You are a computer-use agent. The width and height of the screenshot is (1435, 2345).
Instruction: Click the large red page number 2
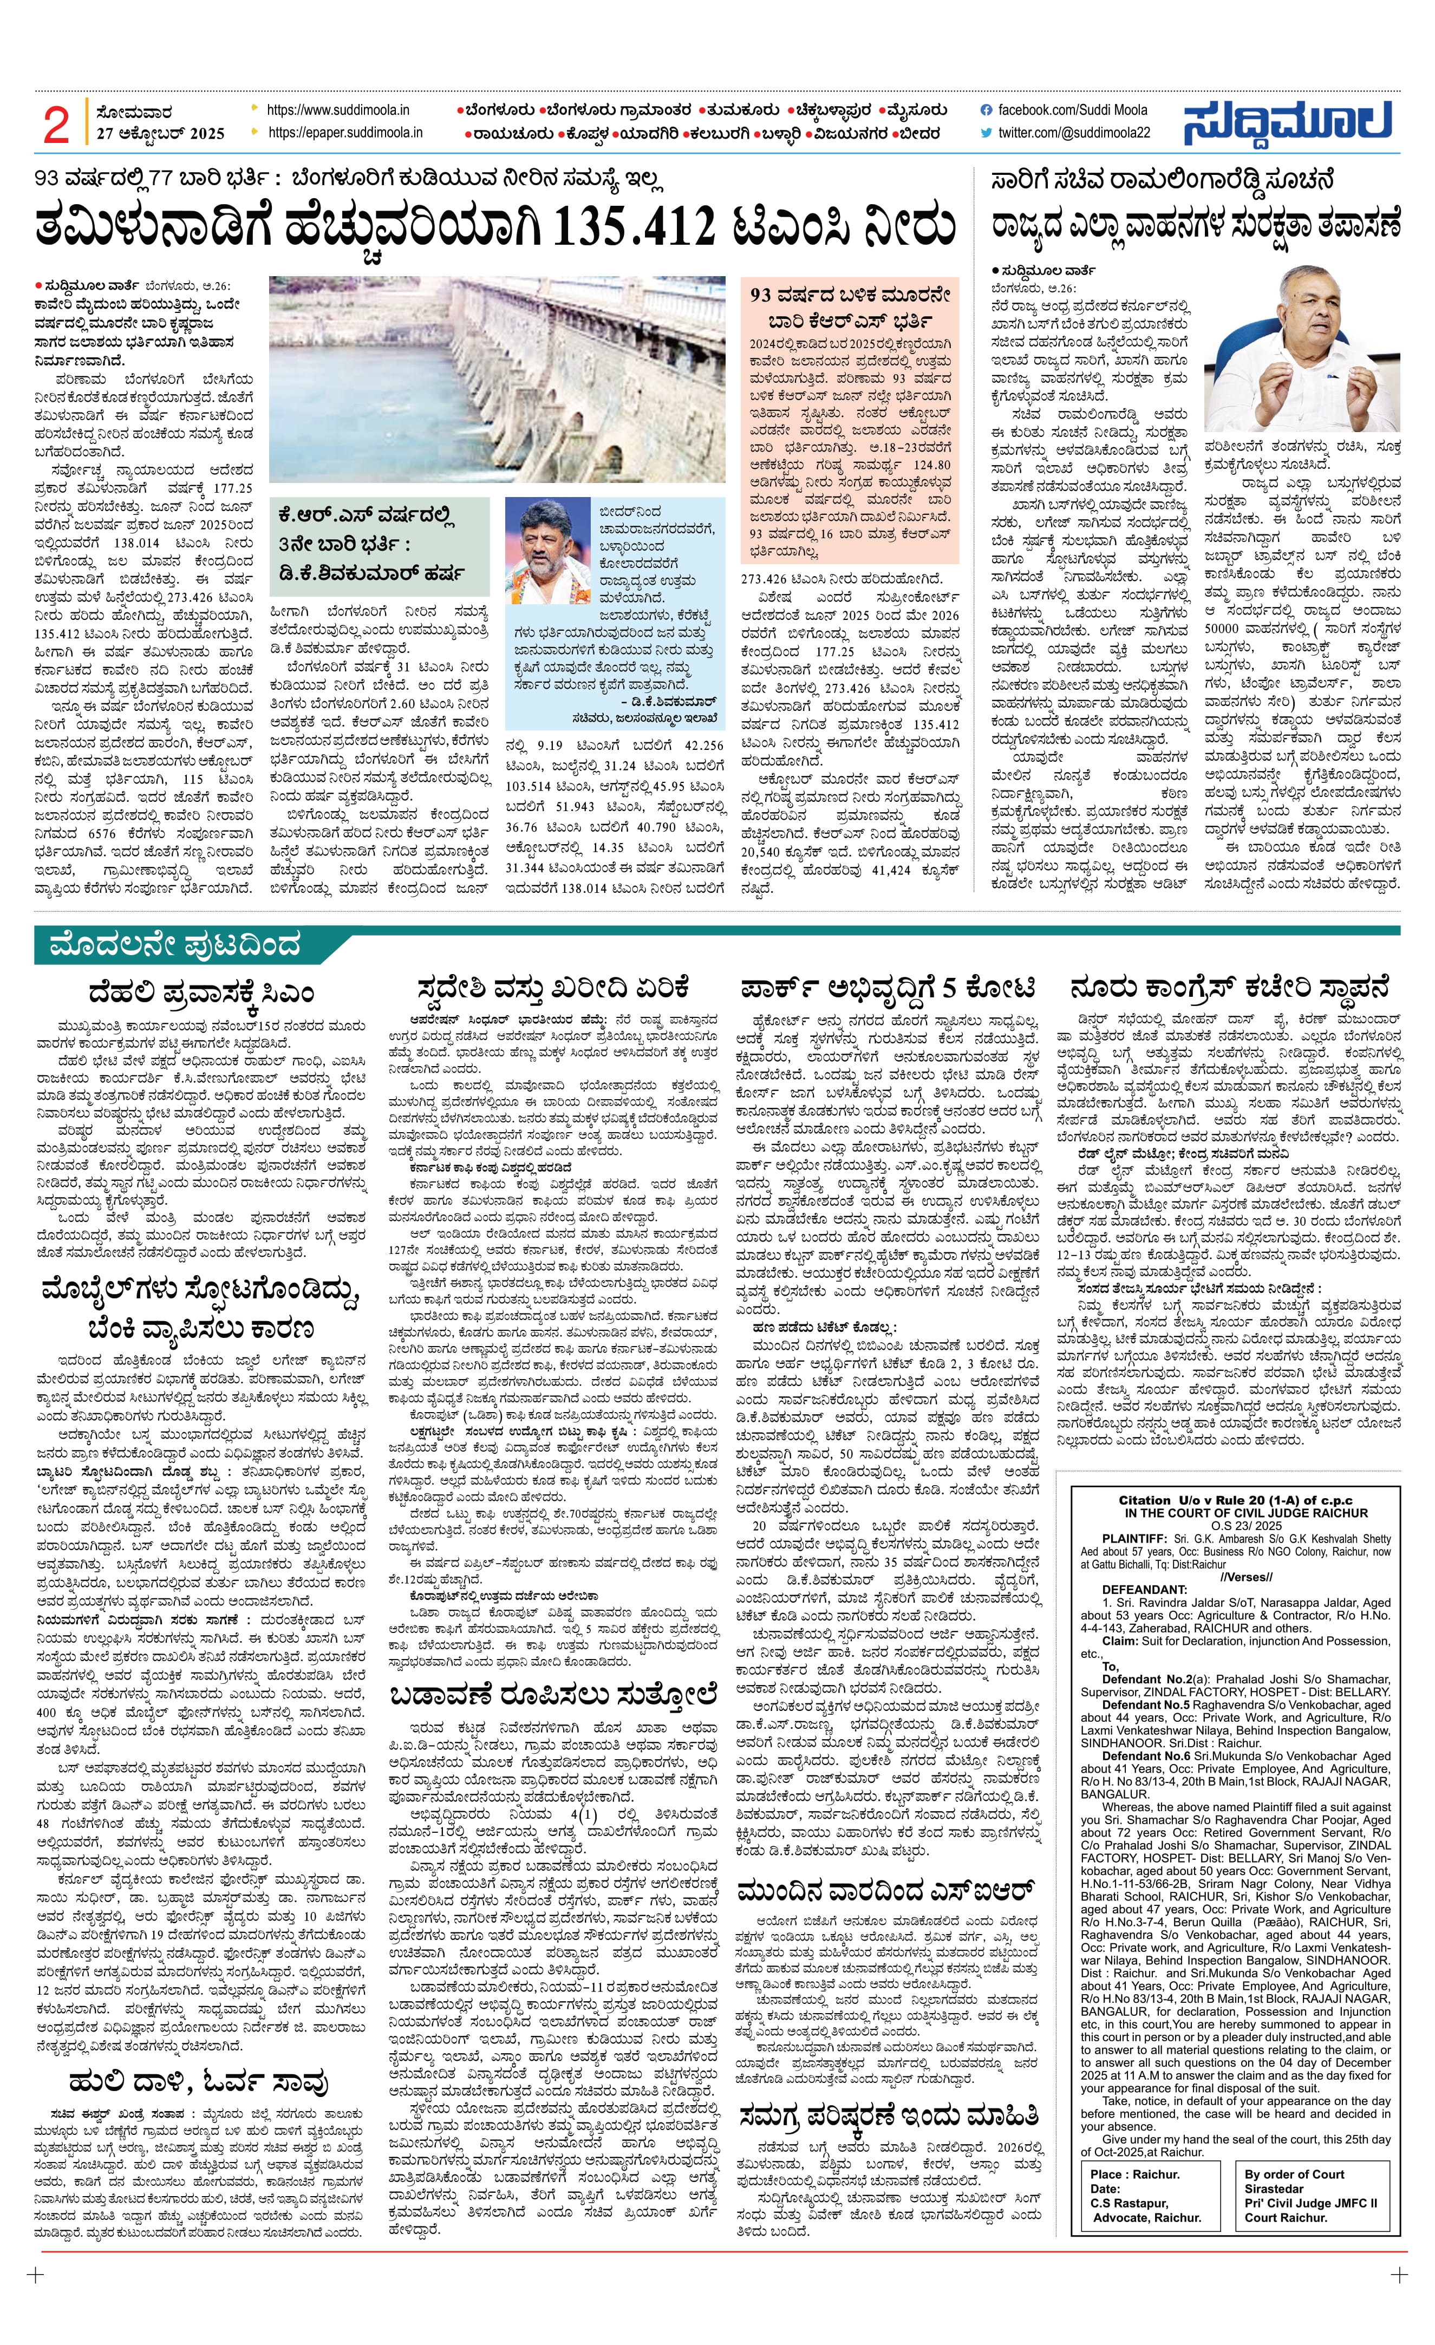(x=56, y=124)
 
